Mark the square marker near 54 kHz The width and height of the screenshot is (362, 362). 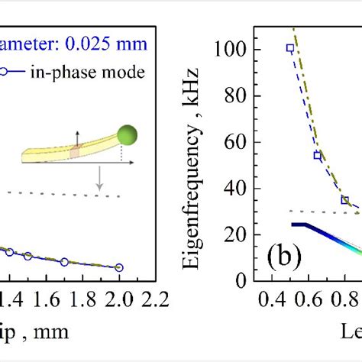[x=317, y=155]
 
